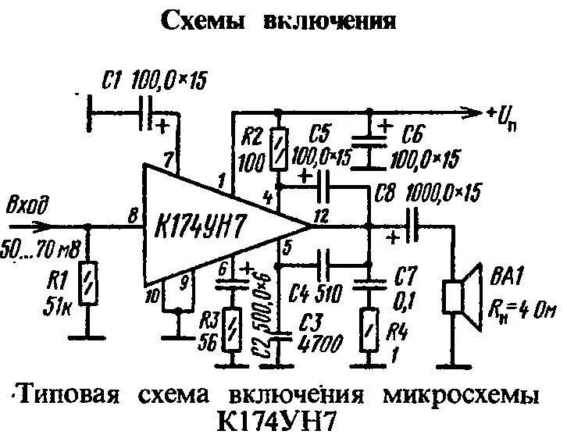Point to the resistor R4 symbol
[369, 329]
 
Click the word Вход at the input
[29, 207]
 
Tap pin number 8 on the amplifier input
[130, 213]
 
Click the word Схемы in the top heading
[205, 22]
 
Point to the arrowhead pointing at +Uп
[472, 113]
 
